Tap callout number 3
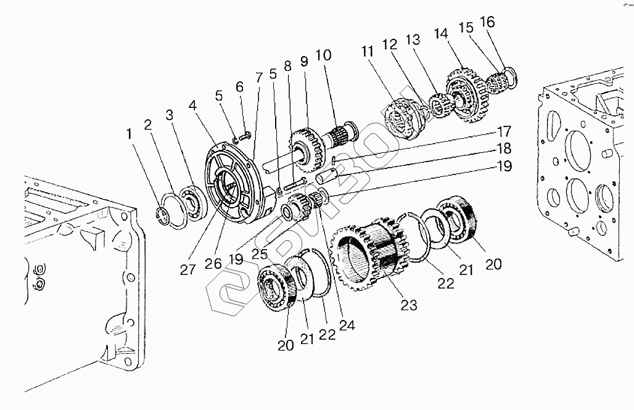170,115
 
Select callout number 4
194,105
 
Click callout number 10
324,55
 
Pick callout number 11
368,52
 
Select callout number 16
487,22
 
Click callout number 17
504,131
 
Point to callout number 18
504,149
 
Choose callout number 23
409,305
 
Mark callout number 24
347,326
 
